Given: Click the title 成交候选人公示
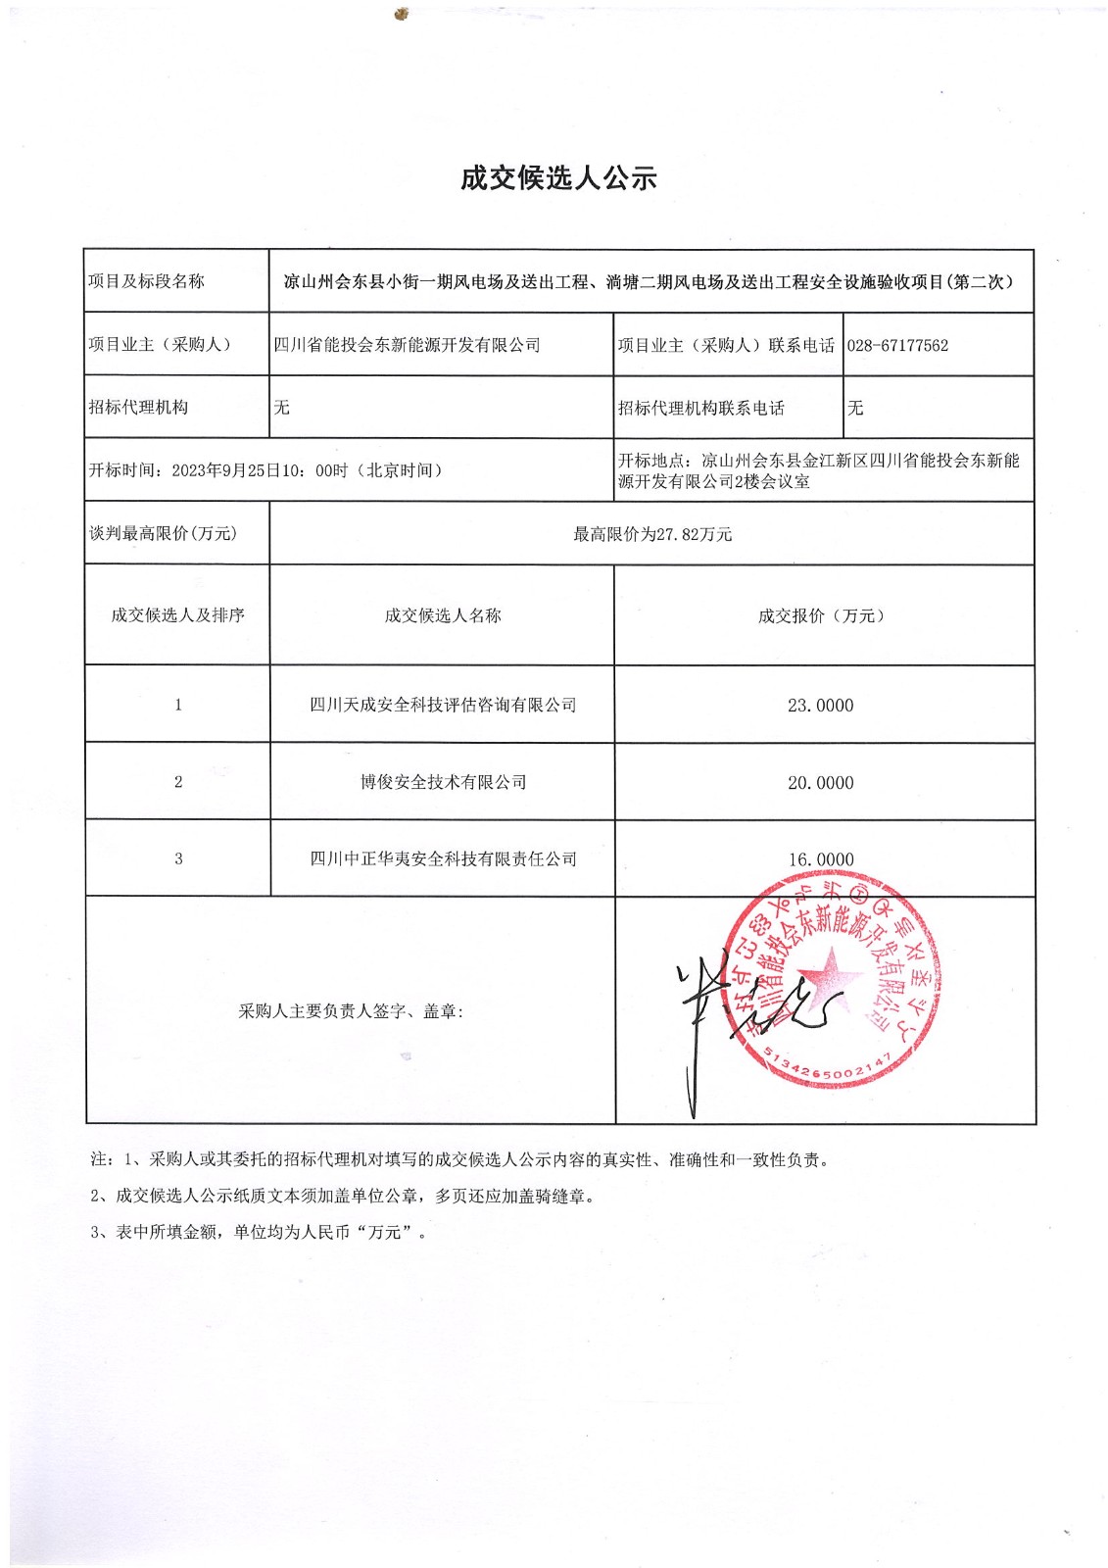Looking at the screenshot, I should [x=557, y=178].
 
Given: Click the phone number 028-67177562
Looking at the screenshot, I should [x=897, y=346].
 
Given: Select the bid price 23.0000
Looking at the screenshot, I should [x=820, y=706].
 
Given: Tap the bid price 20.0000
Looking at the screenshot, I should [x=820, y=783].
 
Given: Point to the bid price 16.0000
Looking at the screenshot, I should [x=820, y=859].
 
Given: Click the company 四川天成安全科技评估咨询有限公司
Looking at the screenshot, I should [x=443, y=706].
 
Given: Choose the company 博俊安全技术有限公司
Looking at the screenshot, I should [x=443, y=782].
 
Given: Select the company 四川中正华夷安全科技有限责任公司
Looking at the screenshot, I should [x=443, y=859].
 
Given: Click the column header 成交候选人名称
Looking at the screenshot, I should [x=443, y=615].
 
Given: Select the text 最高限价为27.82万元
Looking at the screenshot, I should [x=652, y=534].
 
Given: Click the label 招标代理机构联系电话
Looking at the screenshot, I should [x=701, y=408].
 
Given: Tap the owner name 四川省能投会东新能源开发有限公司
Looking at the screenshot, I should [x=407, y=345].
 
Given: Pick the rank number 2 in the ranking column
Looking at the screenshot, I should [x=178, y=782].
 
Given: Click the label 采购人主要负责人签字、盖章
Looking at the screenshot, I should [x=351, y=1011].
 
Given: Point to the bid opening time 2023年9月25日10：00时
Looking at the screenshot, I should [x=260, y=470].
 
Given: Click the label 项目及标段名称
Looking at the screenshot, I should [x=147, y=281].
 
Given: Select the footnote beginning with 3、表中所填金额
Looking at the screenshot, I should [x=260, y=1233].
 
